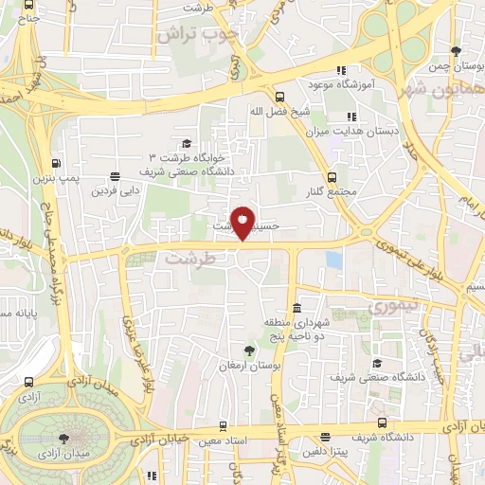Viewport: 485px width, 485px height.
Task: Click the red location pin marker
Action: pos(244,223)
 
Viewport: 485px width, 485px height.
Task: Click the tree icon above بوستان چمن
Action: pos(458,50)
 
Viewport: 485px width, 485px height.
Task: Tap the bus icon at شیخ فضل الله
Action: pos(278,96)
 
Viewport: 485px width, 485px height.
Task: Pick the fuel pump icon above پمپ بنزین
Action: pos(56,162)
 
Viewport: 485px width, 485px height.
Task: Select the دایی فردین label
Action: pos(113,190)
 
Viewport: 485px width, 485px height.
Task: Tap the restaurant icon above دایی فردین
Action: pos(115,175)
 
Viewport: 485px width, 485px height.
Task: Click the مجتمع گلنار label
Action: pos(331,193)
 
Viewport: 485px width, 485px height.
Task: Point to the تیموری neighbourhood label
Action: pos(385,308)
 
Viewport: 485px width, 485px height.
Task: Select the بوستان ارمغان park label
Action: pos(245,366)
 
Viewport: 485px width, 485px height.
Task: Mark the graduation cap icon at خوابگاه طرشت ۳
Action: pos(187,142)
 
